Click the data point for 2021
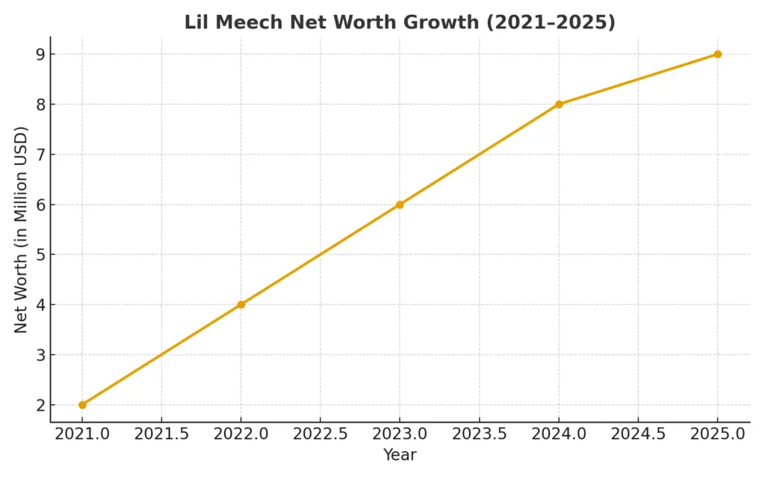click(82, 405)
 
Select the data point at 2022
click(241, 305)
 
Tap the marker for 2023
click(400, 205)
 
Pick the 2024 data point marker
click(559, 105)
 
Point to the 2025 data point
click(717, 55)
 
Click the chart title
click(400, 22)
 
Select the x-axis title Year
click(400, 455)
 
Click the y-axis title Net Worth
click(21, 229)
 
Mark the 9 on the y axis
click(38, 55)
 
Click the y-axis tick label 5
click(38, 255)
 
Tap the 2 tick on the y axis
click(38, 405)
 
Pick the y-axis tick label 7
click(38, 155)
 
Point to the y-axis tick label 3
click(38, 355)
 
